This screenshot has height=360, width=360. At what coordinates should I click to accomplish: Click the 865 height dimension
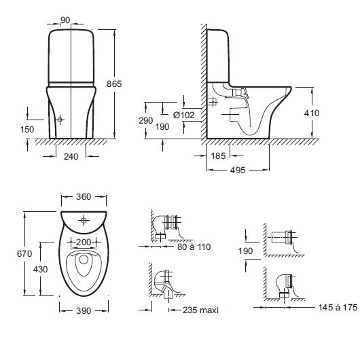pyautogui.click(x=114, y=84)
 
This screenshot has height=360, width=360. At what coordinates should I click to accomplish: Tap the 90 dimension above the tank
pyautogui.click(x=65, y=20)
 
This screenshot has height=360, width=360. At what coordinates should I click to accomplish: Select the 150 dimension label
pyautogui.click(x=27, y=130)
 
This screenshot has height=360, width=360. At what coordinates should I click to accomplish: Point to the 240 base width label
pyautogui.click(x=71, y=157)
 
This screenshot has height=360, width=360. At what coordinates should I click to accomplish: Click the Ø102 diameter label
pyautogui.click(x=183, y=115)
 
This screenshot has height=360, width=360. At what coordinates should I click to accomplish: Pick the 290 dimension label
pyautogui.click(x=145, y=121)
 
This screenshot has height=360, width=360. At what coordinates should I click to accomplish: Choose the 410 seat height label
pyautogui.click(x=312, y=113)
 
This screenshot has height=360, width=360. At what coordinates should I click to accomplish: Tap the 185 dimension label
pyautogui.click(x=218, y=156)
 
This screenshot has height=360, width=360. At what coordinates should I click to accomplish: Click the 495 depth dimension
pyautogui.click(x=238, y=170)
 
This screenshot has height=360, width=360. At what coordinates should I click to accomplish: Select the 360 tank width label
pyautogui.click(x=84, y=197)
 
